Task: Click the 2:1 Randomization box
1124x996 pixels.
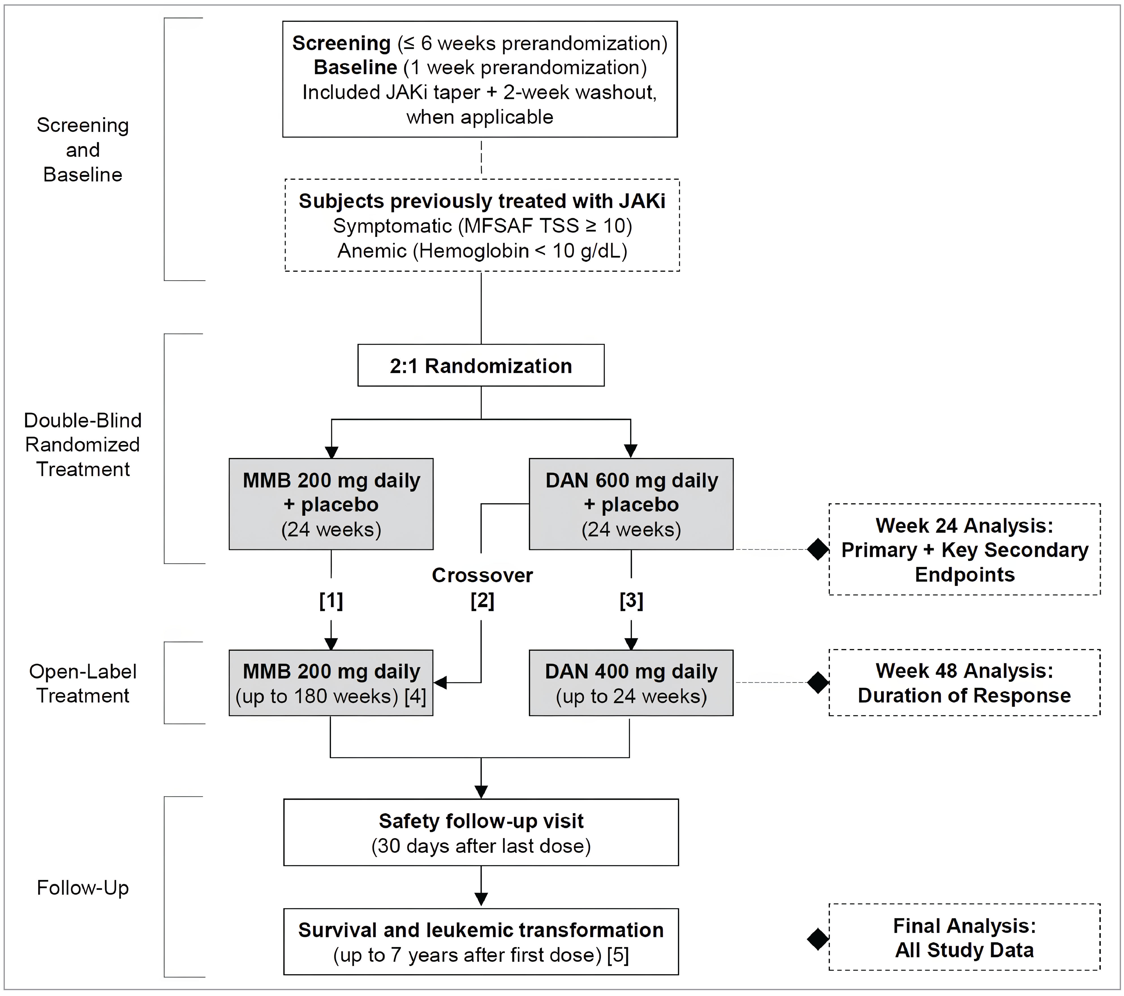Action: pos(481,365)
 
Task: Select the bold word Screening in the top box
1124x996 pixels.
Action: pos(341,43)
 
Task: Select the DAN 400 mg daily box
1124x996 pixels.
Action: pos(631,683)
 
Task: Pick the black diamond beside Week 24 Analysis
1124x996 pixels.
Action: pos(818,549)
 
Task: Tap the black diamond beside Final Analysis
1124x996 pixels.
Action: pos(818,939)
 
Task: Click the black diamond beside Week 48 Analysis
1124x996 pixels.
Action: pos(818,682)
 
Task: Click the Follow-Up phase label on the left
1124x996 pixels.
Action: pos(83,888)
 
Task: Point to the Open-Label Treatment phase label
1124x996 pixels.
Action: pos(83,684)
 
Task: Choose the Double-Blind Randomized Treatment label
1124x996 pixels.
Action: pos(83,445)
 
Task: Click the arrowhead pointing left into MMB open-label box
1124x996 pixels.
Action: pos(440,683)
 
